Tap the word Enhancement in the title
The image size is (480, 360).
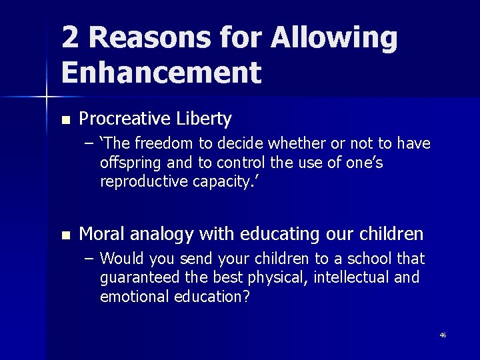pyautogui.click(x=161, y=72)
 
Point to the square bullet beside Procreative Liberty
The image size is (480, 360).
pyautogui.click(x=65, y=121)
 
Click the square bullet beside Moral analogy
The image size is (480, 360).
pyautogui.click(x=65, y=235)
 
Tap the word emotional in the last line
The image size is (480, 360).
pyautogui.click(x=132, y=297)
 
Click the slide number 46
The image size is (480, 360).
pyautogui.click(x=442, y=335)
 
